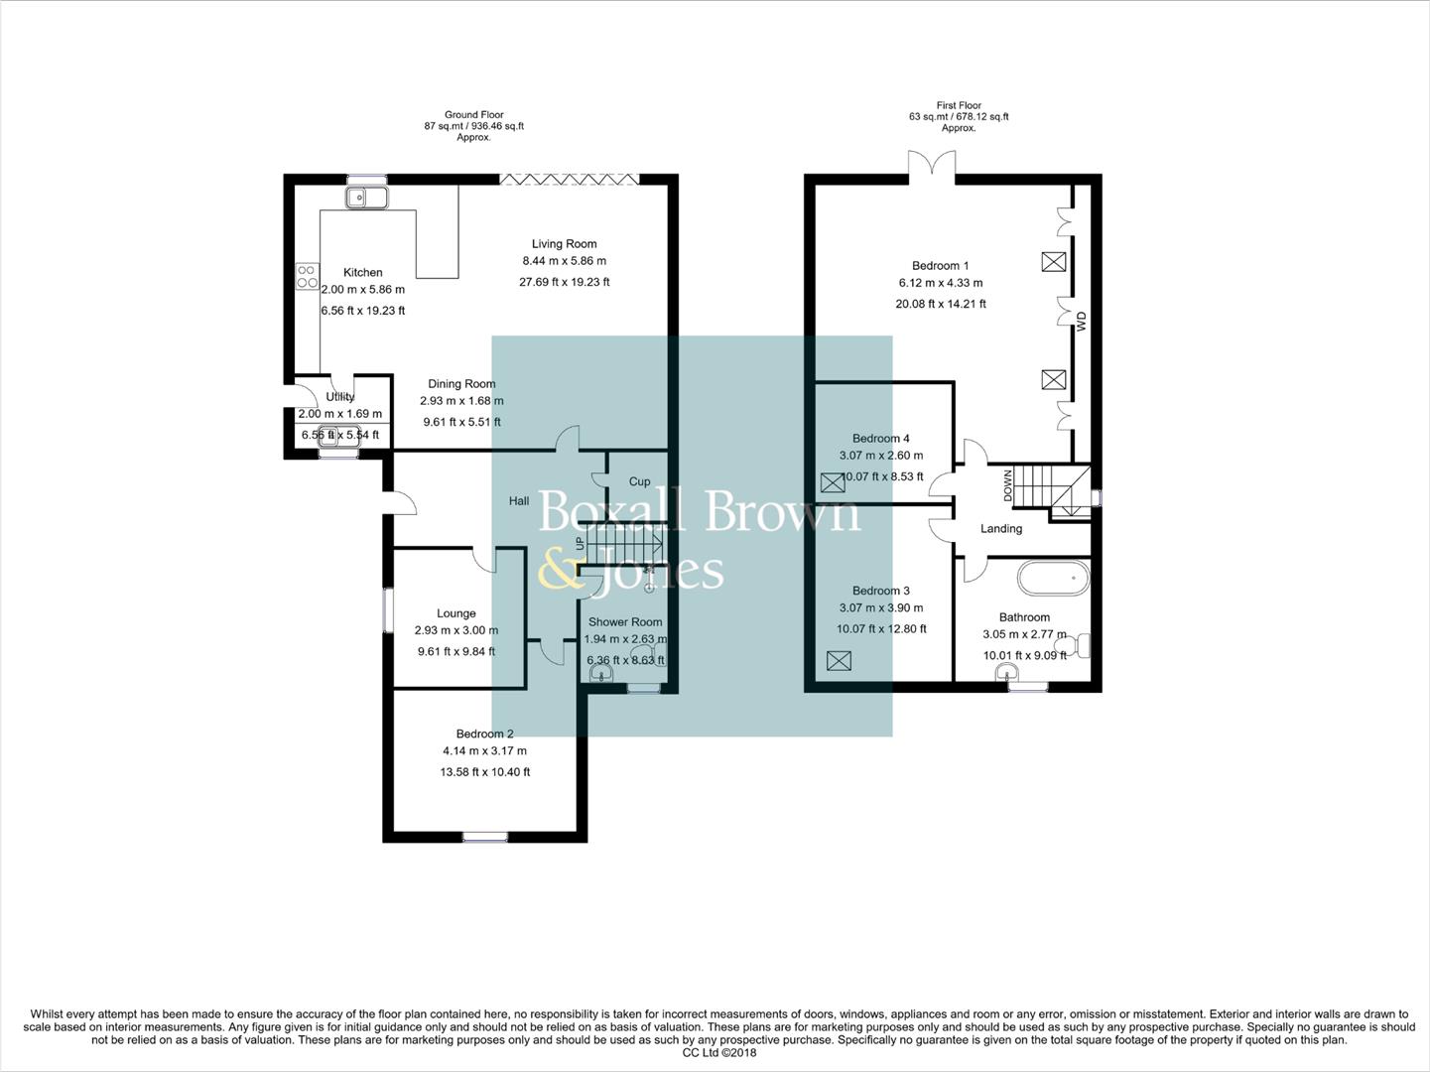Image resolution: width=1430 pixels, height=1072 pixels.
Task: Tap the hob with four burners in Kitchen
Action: [x=307, y=276]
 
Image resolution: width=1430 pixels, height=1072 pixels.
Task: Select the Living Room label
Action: [x=564, y=244]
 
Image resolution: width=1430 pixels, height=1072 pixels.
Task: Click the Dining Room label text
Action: [x=461, y=384]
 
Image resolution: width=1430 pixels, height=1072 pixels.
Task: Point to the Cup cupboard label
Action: [x=639, y=482]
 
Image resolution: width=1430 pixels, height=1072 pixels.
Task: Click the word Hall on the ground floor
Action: [x=519, y=501]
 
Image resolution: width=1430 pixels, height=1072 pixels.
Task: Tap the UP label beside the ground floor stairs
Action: [x=580, y=544]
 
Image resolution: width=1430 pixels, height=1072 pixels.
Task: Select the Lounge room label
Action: [x=455, y=613]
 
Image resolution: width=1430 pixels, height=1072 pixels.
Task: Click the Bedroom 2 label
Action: [x=484, y=735]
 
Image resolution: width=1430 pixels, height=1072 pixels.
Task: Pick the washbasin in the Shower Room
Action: [x=601, y=675]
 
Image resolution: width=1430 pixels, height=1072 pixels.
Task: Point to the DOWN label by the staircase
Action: [x=1008, y=485]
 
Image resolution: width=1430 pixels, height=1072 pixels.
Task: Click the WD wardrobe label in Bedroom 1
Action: [x=1082, y=322]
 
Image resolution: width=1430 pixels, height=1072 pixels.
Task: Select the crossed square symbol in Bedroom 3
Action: [x=840, y=660]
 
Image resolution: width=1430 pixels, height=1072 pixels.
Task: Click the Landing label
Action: [x=1000, y=529]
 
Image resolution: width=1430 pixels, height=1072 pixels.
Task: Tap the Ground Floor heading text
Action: [x=473, y=115]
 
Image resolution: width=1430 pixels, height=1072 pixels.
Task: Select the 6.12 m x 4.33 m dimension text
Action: [x=940, y=284]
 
